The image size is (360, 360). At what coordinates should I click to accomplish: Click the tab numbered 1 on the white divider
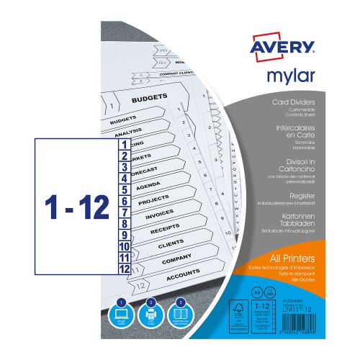tap(124, 144)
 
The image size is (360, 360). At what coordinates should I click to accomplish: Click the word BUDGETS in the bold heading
tap(150, 95)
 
